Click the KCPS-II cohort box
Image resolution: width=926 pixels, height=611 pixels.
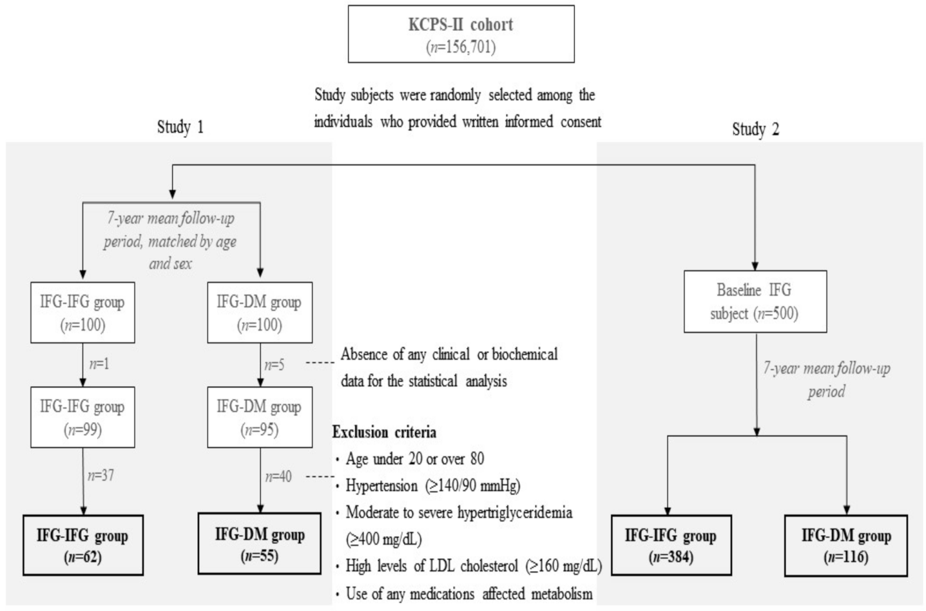[x=461, y=34]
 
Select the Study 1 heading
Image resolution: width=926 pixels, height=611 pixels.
[x=180, y=126]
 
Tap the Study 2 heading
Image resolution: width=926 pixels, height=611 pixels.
[x=756, y=129]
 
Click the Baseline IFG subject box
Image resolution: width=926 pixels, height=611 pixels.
[x=755, y=302]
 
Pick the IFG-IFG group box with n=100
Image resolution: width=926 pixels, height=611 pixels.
[x=82, y=313]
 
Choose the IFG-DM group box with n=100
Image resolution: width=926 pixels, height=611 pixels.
[x=260, y=313]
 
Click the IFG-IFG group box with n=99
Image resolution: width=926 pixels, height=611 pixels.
[x=82, y=417]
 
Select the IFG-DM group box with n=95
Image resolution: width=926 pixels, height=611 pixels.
[x=260, y=417]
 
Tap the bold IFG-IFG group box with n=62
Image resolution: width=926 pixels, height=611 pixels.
[x=83, y=545]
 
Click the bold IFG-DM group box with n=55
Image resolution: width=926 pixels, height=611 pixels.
[x=260, y=543]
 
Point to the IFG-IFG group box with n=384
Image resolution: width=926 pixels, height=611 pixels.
[x=671, y=545]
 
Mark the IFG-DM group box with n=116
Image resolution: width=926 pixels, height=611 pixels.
[x=846, y=546]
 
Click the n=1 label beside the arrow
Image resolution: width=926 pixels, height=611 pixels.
[x=99, y=364]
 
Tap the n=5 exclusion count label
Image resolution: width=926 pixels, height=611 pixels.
[x=275, y=365]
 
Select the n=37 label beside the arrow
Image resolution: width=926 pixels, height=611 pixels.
[x=101, y=476]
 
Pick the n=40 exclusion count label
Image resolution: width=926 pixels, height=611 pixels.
[x=278, y=477]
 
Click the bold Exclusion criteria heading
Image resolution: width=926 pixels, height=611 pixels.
[x=385, y=432]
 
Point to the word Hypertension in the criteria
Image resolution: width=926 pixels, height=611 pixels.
[x=381, y=486]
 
